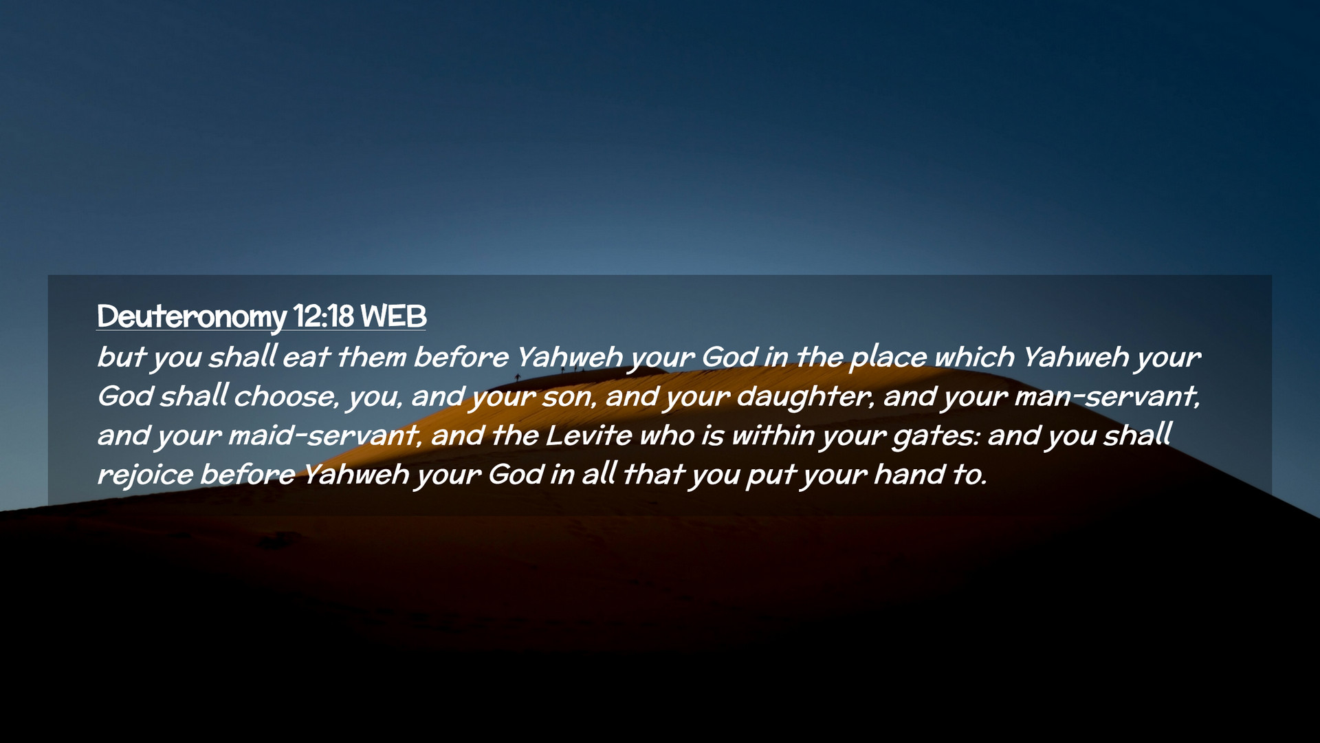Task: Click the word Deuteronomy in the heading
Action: click(191, 317)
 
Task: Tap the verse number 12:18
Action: click(323, 316)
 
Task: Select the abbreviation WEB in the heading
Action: click(393, 316)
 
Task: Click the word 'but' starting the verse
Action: click(121, 357)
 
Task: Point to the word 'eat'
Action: click(306, 357)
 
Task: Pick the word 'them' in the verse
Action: click(372, 357)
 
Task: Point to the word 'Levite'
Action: click(588, 435)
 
